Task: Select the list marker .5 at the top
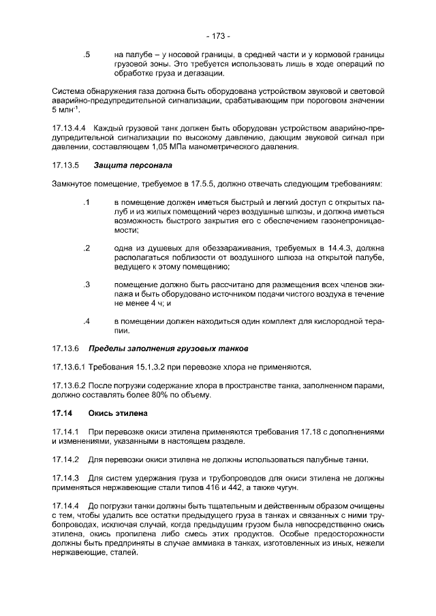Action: click(87, 54)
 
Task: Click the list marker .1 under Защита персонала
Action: click(87, 203)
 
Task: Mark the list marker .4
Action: click(87, 321)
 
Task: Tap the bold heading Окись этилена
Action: click(119, 412)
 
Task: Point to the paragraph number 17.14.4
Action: click(66, 506)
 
